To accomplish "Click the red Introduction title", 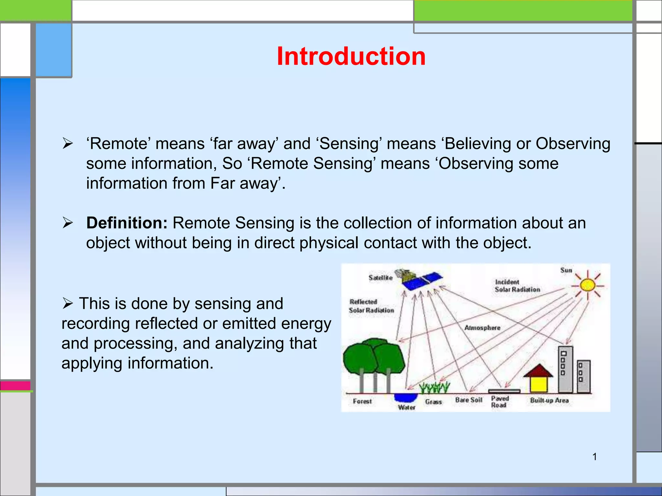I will coord(351,56).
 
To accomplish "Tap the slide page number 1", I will coord(594,457).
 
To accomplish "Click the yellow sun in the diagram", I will coord(587,285).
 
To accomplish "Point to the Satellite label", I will coord(380,278).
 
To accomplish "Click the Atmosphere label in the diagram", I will coord(482,328).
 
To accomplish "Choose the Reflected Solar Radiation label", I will coord(371,306).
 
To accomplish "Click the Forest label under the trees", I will coord(362,401).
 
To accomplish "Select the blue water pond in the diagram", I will coord(406,397).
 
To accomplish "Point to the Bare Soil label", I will coord(468,400).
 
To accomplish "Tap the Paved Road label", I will coord(499,402).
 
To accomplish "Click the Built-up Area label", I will coord(549,400).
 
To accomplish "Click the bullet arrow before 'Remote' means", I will coord(68,143).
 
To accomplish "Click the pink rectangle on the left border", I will coord(15,386).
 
